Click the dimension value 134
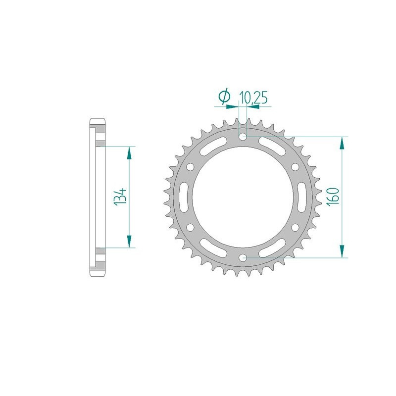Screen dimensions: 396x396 [120, 197]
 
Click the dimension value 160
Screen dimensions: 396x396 [332, 197]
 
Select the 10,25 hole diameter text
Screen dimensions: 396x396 [253, 98]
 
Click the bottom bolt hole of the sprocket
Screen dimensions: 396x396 [243, 258]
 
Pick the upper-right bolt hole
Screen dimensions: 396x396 [296, 166]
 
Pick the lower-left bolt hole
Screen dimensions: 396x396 [190, 227]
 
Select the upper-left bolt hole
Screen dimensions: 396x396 [190, 166]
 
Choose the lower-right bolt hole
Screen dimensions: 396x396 [296, 227]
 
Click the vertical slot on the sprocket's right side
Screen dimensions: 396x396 [301, 197]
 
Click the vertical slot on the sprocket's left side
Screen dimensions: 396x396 [184, 197]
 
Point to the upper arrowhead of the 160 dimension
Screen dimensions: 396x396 [341, 143]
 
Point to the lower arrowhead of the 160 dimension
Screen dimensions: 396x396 [341, 251]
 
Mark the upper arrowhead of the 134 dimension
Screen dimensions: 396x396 [129, 153]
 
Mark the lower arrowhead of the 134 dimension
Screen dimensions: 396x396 [129, 241]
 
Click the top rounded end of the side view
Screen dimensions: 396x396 [97, 122]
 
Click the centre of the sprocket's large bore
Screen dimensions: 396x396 [243, 197]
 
